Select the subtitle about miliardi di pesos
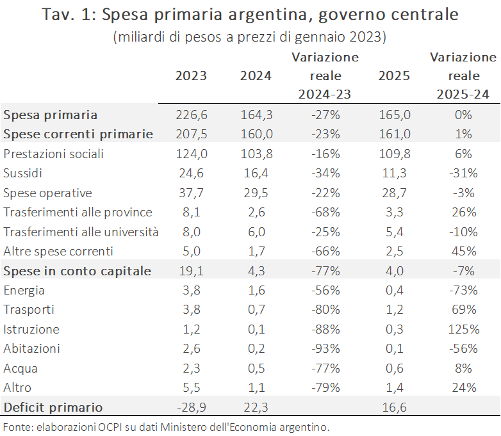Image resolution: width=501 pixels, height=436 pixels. (x=250, y=37)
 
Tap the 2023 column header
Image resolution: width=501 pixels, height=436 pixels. (x=191, y=76)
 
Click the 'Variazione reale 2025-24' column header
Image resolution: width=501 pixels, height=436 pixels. (x=463, y=76)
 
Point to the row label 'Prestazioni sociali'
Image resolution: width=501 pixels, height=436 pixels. (x=54, y=154)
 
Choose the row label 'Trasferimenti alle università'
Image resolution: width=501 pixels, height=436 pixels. (x=81, y=232)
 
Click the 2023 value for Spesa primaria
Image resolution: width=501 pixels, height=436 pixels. (x=191, y=115)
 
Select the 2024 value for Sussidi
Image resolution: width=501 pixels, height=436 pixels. (x=256, y=174)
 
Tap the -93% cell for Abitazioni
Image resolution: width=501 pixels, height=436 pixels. (x=325, y=349)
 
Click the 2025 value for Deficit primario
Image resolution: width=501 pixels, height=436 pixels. (x=394, y=407)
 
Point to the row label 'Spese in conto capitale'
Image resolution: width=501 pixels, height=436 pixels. (x=78, y=271)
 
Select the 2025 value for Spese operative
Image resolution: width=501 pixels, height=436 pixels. (x=394, y=193)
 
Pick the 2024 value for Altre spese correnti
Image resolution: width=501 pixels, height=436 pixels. (x=256, y=251)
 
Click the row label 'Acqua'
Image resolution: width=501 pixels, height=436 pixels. (x=21, y=369)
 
